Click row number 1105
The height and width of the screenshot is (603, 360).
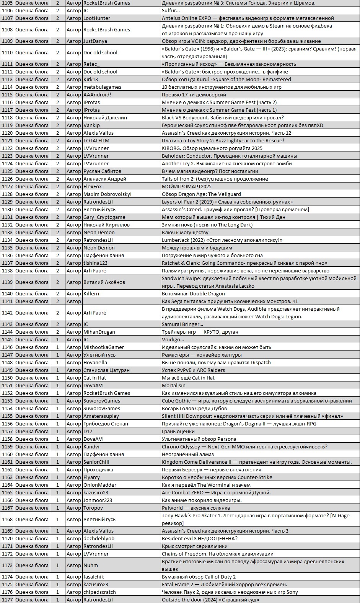[x=7, y=3]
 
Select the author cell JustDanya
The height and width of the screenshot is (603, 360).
[x=95, y=41]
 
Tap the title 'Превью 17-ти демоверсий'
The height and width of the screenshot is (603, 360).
[x=194, y=95]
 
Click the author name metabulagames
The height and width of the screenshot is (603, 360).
[x=102, y=87]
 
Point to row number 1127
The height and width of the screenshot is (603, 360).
[x=7, y=186]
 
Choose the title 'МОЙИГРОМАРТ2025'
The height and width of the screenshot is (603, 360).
[x=186, y=186]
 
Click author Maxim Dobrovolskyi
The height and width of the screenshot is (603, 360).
[x=108, y=194]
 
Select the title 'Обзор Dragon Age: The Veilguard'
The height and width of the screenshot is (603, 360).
[x=201, y=194]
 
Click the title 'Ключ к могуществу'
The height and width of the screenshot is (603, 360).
[x=185, y=232]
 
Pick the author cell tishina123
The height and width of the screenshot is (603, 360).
[x=96, y=263]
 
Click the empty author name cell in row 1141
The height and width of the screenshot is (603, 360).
[x=121, y=301]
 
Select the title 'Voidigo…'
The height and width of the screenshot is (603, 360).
[x=173, y=339]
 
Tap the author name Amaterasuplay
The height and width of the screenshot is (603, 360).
[x=101, y=416]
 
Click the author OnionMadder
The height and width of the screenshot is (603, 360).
[x=100, y=485]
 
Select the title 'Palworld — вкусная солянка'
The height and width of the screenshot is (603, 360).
[x=195, y=508]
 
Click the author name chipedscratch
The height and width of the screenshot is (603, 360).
[x=99, y=592]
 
